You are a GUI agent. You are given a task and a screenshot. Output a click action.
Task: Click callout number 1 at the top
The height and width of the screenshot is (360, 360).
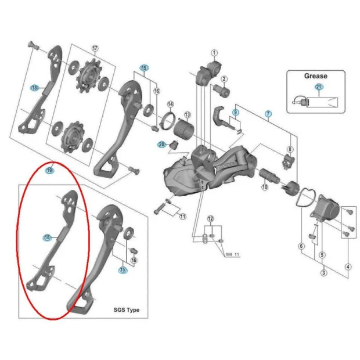point(214,53)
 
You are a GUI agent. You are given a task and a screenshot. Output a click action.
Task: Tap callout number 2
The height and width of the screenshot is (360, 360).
point(224,79)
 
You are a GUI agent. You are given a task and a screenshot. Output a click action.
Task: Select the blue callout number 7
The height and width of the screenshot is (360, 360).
point(268,114)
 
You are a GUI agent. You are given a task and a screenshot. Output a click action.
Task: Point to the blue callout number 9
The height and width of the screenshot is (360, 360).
point(236,112)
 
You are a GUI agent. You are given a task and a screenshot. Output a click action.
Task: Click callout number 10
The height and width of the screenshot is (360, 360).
point(264,188)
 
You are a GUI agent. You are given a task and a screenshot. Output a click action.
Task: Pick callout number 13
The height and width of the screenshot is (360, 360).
point(188,114)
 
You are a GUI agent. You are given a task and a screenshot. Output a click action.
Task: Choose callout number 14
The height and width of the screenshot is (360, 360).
point(170,105)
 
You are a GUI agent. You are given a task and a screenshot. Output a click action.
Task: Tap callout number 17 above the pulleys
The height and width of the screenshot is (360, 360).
point(95,48)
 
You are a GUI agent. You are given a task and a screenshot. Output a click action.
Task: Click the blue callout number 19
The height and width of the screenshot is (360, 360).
point(49,171)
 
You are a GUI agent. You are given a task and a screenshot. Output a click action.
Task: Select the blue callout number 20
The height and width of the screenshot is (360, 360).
point(162,145)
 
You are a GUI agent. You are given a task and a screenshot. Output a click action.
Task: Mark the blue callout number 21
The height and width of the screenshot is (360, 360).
point(318,87)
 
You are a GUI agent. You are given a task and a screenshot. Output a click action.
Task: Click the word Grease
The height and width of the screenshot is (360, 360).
point(315,75)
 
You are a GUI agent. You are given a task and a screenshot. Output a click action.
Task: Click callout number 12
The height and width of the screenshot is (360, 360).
point(210,218)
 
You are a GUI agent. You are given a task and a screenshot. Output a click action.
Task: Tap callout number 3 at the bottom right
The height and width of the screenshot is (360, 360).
point(323,273)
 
